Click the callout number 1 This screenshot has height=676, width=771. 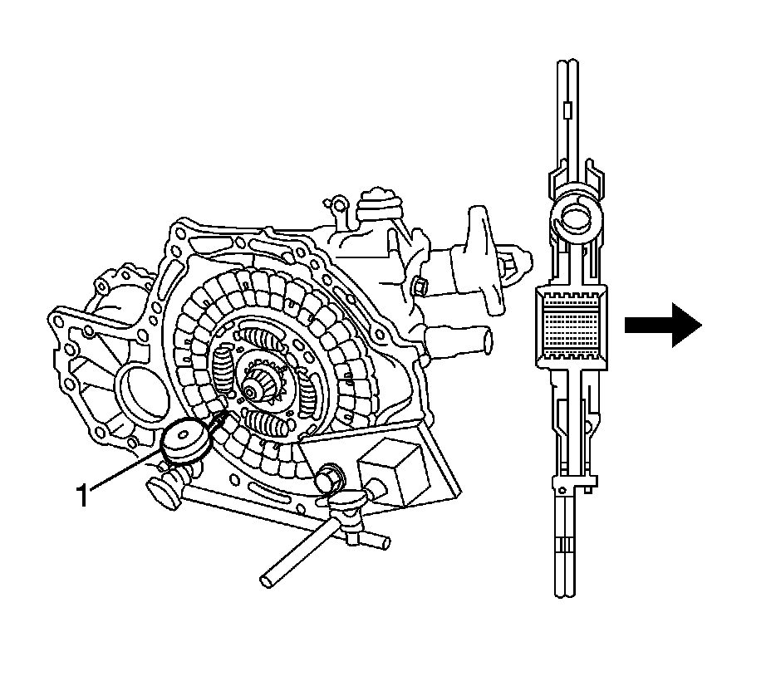tap(82, 495)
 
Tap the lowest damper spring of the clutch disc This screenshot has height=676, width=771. tap(274, 424)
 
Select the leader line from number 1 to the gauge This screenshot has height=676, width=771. tap(125, 473)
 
